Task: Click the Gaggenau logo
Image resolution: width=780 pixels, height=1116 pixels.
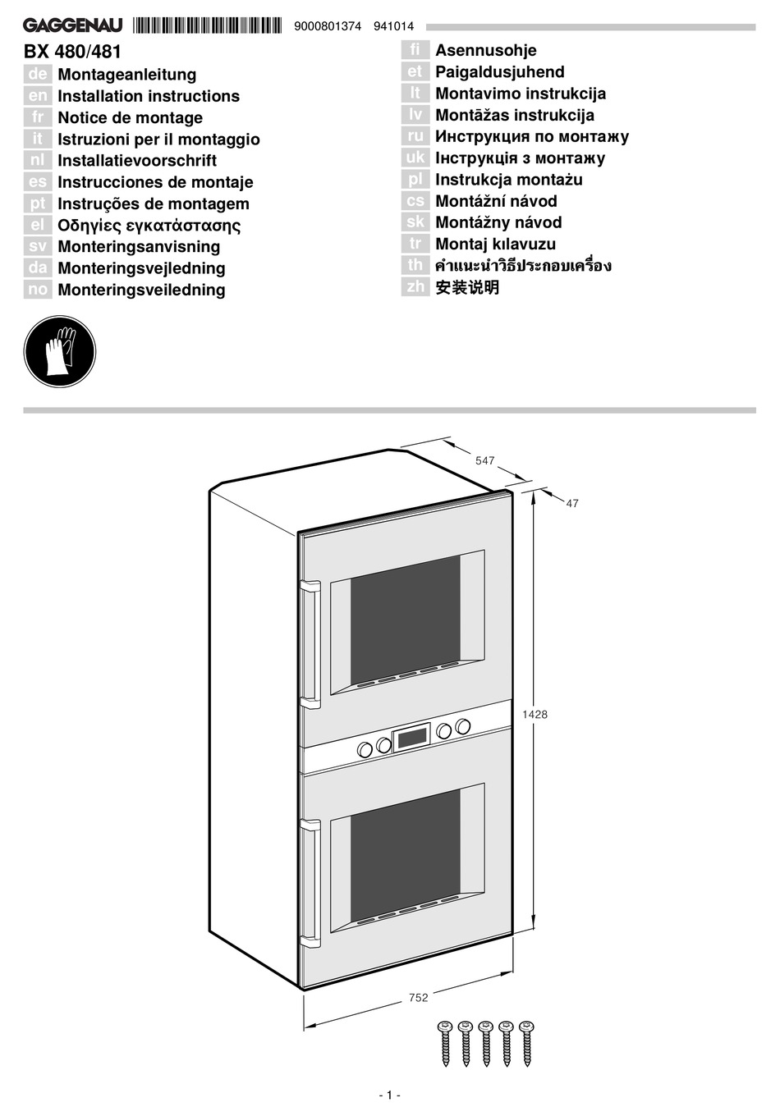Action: pos(72,26)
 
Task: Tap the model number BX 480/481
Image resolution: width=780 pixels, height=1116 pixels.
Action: pos(72,52)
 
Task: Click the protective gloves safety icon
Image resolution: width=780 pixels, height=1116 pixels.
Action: pos(59,352)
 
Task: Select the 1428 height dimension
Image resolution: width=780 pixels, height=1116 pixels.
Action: pos(535,715)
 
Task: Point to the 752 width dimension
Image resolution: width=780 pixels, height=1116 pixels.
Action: pos(418,998)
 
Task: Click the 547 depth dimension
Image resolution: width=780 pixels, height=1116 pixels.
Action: pos(485,461)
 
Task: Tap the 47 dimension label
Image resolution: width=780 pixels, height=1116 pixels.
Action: pos(572,504)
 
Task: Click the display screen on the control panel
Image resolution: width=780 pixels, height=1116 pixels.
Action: pos(411,737)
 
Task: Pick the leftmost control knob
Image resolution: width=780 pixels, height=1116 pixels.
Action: pos(364,748)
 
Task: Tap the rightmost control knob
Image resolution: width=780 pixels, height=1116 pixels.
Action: pos(463,725)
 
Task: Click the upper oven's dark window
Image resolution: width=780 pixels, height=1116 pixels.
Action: pos(405,619)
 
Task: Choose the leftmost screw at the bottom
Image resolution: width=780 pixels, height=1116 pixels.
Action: pos(446,1043)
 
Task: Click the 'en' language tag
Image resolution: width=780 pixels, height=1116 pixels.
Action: pos(38,96)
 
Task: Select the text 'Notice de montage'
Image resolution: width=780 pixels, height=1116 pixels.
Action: pos(130,117)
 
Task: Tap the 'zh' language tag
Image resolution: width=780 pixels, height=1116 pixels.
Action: pos(415,286)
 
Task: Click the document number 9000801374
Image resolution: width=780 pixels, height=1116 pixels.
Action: pos(327,26)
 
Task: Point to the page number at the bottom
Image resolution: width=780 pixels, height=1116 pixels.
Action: pos(389,1095)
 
